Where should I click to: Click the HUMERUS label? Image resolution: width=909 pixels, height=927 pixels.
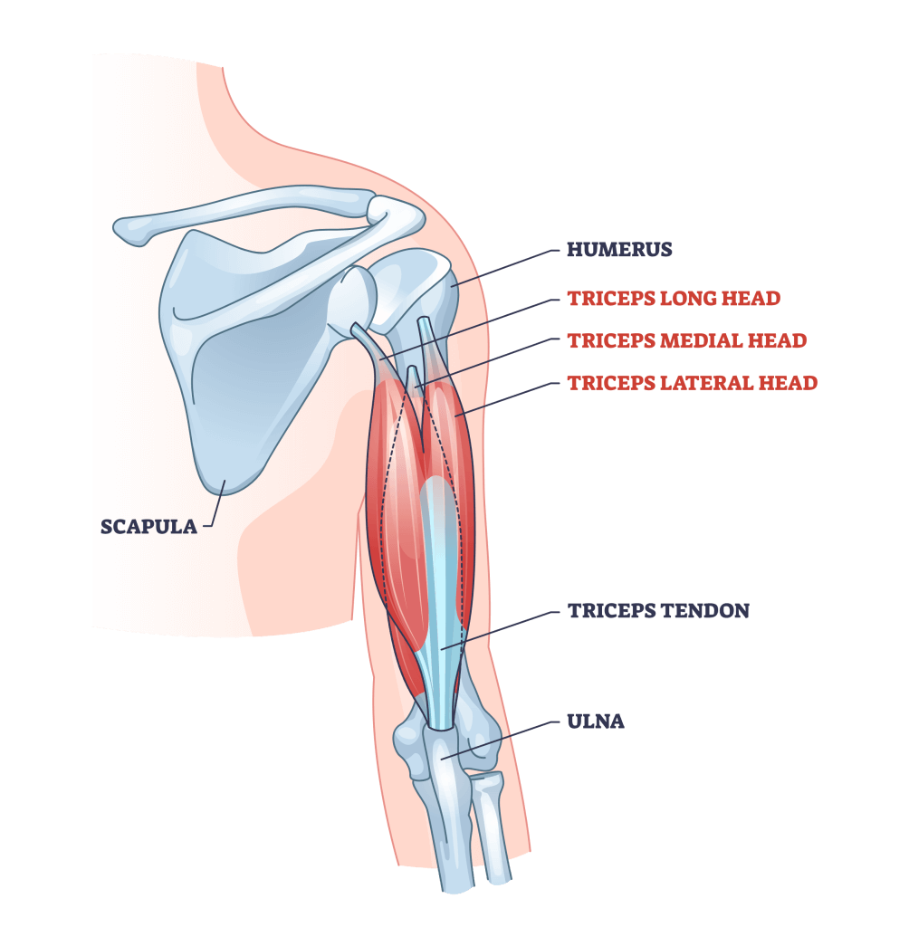pos(619,250)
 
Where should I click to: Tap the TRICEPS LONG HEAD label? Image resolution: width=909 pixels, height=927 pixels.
pos(674,299)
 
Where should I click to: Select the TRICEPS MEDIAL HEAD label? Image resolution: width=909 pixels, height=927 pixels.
pos(686,341)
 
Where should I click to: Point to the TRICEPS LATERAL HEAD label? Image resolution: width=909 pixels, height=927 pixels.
pos(692,384)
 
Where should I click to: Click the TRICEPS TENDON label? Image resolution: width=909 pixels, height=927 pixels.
pos(658,611)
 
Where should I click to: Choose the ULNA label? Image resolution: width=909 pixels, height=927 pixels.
pos(596,722)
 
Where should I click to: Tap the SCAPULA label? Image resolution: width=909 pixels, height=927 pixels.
pos(148,527)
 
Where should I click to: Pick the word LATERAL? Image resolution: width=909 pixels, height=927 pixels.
pos(706,384)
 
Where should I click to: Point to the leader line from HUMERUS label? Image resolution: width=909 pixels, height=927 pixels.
pos(506,268)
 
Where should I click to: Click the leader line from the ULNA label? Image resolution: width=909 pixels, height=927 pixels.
pos(500,740)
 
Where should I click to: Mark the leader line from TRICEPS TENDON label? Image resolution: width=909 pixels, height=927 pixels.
pos(500,630)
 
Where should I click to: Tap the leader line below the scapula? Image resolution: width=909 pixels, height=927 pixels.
pos(216,504)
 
